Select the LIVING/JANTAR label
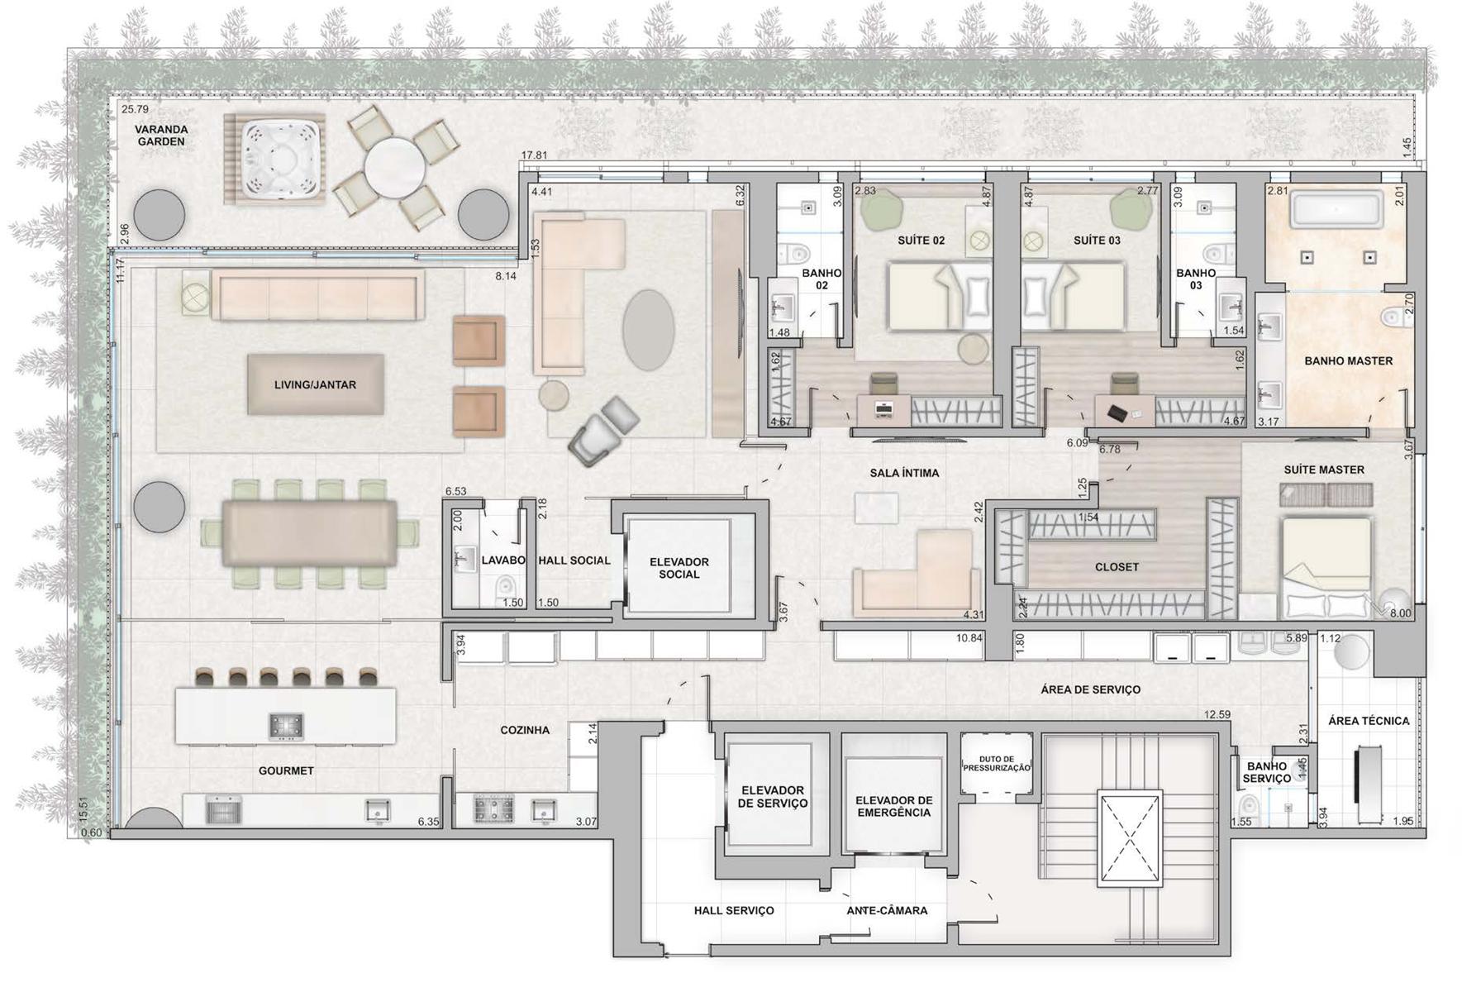(x=315, y=384)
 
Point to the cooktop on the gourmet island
(x=286, y=727)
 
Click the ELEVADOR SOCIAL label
(x=679, y=568)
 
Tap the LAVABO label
(x=503, y=560)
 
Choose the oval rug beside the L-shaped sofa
(x=649, y=330)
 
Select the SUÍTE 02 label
(x=921, y=241)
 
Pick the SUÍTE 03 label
(x=1097, y=241)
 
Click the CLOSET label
(x=1117, y=567)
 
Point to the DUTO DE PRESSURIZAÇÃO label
(x=997, y=763)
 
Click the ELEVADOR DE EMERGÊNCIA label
(x=893, y=806)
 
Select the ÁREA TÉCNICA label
(x=1369, y=721)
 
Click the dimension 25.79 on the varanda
(x=135, y=109)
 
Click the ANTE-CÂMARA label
(x=887, y=910)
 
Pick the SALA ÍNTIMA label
(x=904, y=473)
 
